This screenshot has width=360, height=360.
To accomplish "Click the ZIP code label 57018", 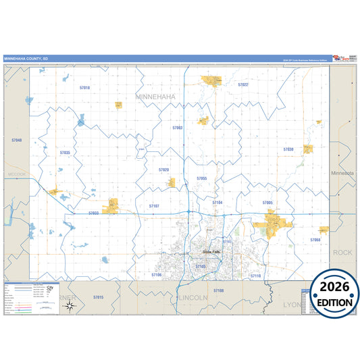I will [x=84, y=88].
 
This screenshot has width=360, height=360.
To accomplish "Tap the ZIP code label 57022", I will [x=243, y=85].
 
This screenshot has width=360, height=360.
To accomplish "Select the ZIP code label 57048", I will [x=17, y=140].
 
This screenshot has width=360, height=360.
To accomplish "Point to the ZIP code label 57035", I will [x=65, y=153].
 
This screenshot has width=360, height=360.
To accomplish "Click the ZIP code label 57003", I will [x=178, y=127].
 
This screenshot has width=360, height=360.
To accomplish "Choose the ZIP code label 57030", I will [x=288, y=149].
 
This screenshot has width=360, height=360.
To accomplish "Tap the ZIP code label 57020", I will [x=164, y=170].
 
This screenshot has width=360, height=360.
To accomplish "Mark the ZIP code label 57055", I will [x=201, y=178].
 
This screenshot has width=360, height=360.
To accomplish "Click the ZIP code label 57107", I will [x=154, y=205].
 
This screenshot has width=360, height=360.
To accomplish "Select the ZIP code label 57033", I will [x=93, y=213].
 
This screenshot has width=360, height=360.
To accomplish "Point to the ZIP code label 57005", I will [x=267, y=203].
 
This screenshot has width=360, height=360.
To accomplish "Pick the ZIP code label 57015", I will [x=99, y=297].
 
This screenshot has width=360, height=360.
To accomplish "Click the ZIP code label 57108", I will [x=218, y=290].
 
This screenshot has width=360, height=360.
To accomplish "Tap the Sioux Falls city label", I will [x=211, y=252].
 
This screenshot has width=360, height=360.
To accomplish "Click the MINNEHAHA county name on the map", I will [x=155, y=97].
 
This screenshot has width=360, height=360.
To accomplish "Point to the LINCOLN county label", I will [x=194, y=297].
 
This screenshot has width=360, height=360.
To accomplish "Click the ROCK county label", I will [x=342, y=252].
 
